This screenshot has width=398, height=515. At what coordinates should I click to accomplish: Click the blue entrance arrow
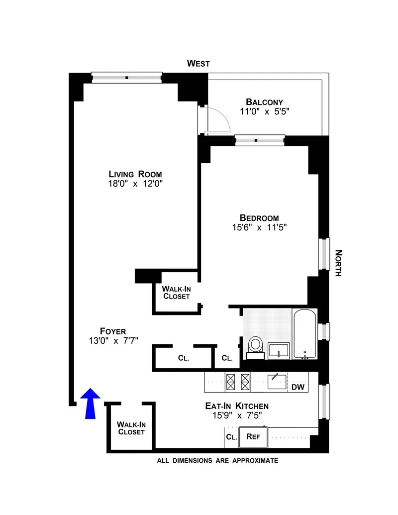click(90, 403)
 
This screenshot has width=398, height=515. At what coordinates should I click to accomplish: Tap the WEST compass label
click(198, 63)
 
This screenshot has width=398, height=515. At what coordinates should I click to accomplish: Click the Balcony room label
click(268, 102)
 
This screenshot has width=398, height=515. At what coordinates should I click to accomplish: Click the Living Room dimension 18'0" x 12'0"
click(136, 183)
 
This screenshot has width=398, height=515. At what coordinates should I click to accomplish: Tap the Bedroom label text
click(259, 217)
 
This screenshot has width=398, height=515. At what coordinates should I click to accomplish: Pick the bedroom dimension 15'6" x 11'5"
click(259, 227)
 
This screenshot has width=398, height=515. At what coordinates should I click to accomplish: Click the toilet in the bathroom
click(256, 345)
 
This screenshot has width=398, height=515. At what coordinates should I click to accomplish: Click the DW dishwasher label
click(298, 387)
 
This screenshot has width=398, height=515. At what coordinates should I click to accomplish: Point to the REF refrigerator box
click(253, 437)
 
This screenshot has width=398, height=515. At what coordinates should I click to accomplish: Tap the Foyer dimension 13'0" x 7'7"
click(112, 340)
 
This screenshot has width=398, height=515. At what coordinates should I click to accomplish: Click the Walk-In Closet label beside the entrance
click(131, 428)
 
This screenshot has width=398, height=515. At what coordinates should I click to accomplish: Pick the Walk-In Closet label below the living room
click(176, 292)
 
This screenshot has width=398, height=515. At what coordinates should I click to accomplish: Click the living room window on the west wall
click(126, 77)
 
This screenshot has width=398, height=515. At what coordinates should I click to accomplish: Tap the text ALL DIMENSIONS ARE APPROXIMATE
click(217, 461)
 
